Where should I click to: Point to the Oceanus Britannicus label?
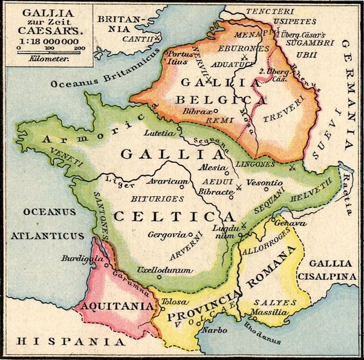point(91,82)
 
